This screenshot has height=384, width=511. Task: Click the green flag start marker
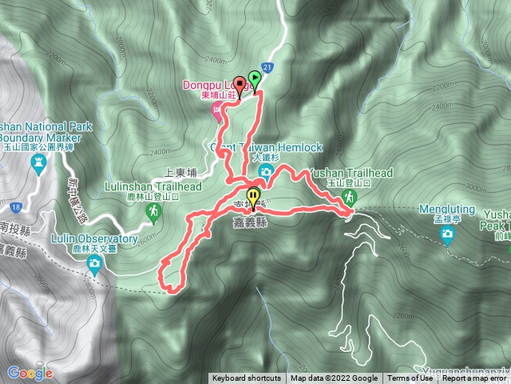[x=255, y=78]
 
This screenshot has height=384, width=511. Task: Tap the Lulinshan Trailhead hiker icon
[x=154, y=211]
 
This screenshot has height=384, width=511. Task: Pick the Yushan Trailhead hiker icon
[x=349, y=197]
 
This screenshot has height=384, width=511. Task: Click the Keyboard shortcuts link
[x=247, y=378]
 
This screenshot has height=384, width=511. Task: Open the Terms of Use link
[x=410, y=378]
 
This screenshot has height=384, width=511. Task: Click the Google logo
[x=30, y=372]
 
